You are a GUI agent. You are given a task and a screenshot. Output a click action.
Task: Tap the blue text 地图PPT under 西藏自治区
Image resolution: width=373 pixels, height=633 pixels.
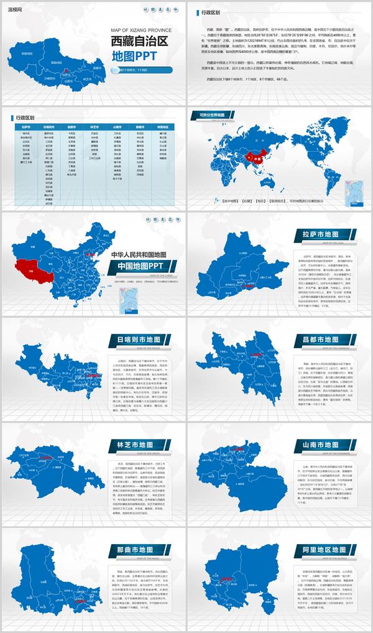pyautogui.click(x=134, y=57)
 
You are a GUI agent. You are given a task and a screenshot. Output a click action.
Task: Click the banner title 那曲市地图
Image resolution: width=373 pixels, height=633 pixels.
pyautogui.click(x=134, y=551)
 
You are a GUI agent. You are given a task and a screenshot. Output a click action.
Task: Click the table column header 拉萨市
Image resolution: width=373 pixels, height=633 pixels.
pyautogui.click(x=25, y=126)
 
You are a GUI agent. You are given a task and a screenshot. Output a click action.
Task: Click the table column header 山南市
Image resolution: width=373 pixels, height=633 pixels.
pyautogui.click(x=117, y=126)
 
